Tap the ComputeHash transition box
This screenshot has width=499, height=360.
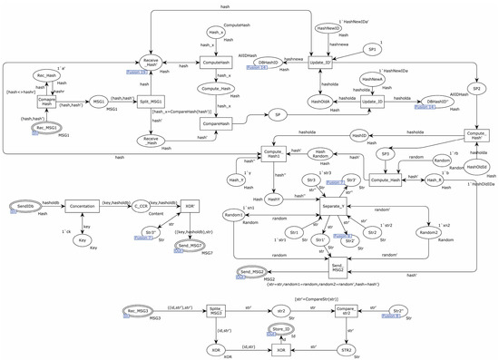point(215,65)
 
